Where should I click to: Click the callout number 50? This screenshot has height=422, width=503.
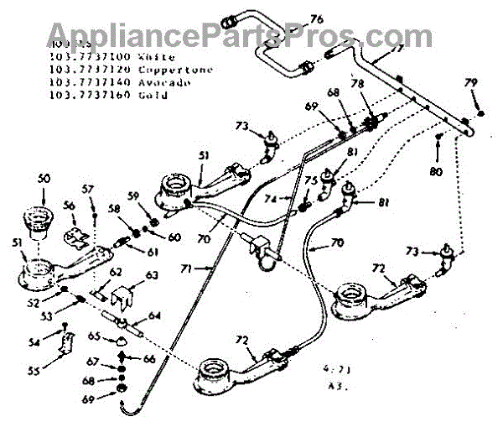click(44, 179)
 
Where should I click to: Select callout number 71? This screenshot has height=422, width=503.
click(186, 268)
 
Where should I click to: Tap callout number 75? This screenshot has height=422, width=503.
click(310, 180)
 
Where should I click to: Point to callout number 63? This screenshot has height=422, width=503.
click(151, 274)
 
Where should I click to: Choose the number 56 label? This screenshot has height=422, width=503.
click(70, 205)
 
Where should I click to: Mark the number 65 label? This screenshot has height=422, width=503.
click(97, 336)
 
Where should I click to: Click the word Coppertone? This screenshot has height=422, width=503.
click(164, 69)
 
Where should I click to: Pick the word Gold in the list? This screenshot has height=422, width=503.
click(152, 96)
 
